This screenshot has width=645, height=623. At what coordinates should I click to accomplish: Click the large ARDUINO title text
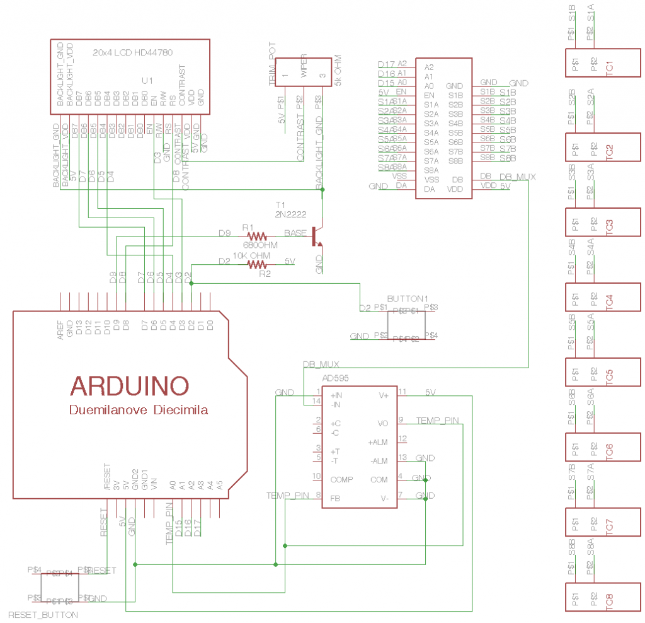click(x=129, y=385)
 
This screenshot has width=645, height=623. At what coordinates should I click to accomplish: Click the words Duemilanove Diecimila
click(x=139, y=410)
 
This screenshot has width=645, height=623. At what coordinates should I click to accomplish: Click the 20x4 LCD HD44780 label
click(x=132, y=52)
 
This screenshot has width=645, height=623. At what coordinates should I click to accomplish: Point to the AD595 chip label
click(x=336, y=378)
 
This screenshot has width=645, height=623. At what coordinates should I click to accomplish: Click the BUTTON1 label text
click(x=408, y=298)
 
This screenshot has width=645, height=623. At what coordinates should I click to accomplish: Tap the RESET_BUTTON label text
click(x=43, y=614)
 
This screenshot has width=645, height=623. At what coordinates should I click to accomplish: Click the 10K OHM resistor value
click(x=251, y=255)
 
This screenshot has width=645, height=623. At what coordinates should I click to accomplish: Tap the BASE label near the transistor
click(x=295, y=233)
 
